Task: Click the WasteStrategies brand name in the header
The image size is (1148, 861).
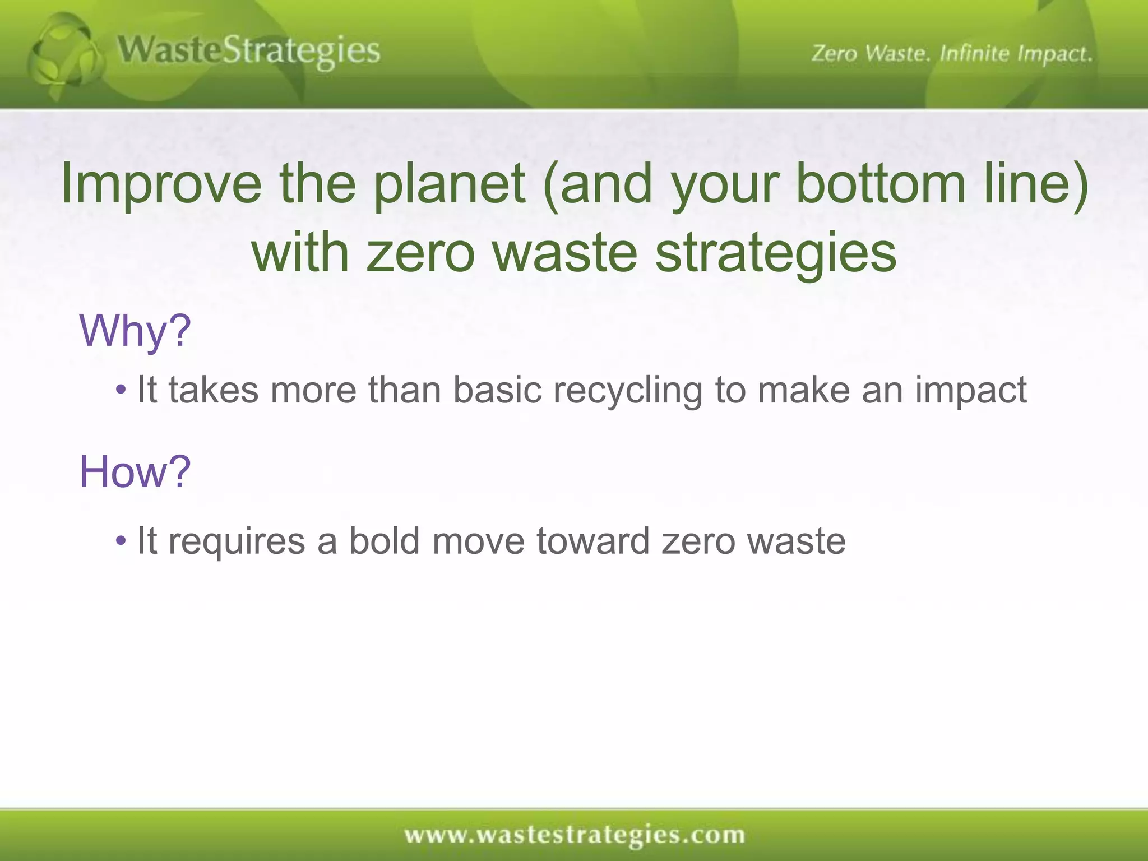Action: (249, 52)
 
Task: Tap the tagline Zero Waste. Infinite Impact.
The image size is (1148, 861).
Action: (951, 54)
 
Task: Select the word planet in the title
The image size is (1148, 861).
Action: (449, 184)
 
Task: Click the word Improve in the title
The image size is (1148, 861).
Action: (161, 184)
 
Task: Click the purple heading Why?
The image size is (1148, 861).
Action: (135, 331)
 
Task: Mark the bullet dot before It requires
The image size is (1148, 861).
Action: (121, 541)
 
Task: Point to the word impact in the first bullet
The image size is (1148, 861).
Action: (971, 391)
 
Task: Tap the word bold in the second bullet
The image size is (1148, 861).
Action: (384, 541)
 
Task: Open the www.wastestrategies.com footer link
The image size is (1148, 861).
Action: (574, 835)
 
